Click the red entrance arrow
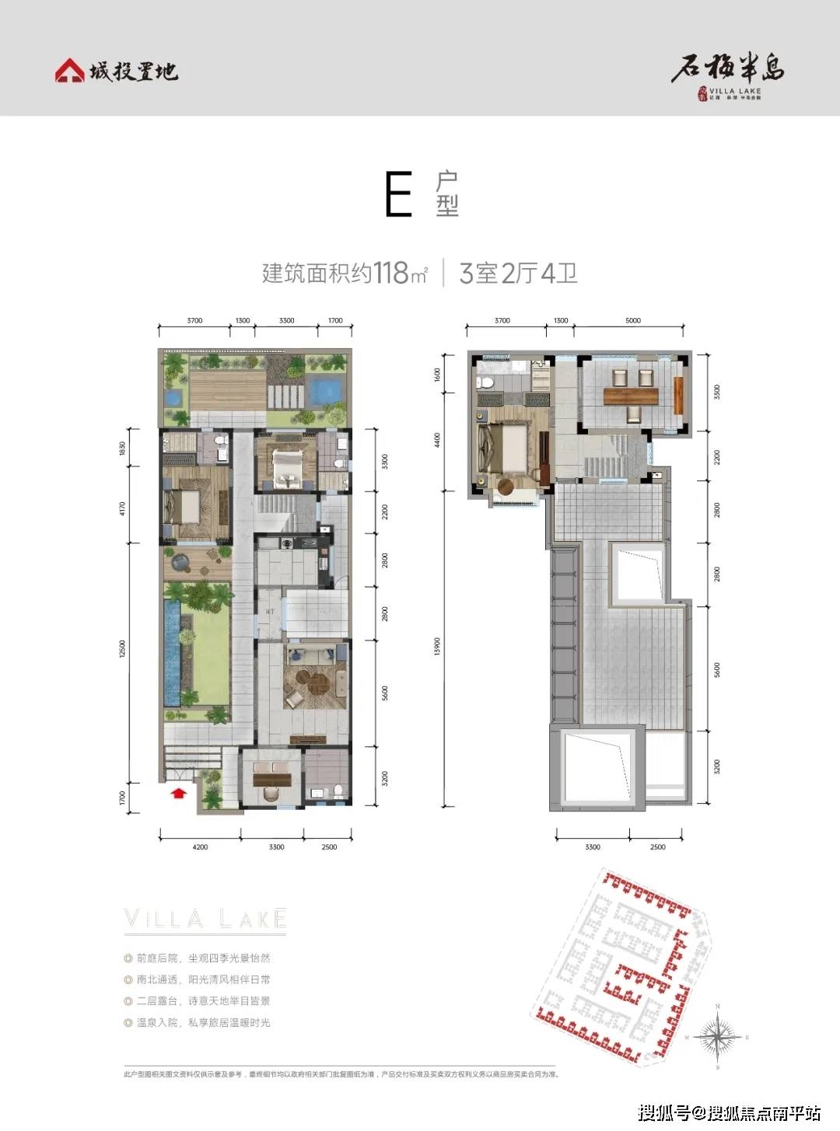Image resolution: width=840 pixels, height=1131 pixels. [179, 793]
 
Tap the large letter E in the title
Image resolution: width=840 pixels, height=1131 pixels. [398, 195]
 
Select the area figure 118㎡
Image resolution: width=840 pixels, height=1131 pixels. [400, 274]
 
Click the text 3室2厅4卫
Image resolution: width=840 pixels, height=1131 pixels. [518, 274]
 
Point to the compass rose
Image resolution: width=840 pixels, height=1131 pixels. [717, 1037]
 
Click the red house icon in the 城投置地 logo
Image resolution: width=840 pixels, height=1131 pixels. [69, 71]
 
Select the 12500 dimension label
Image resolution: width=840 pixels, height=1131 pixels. [122, 648]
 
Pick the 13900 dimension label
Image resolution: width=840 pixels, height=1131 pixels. [437, 647]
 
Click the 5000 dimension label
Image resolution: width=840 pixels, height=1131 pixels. [633, 320]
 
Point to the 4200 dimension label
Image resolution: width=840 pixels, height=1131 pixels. [200, 847]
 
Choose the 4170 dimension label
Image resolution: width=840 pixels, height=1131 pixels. [122, 508]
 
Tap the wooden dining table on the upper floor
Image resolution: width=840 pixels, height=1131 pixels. [631, 395]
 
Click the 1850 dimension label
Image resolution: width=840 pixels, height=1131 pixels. [122, 449]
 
